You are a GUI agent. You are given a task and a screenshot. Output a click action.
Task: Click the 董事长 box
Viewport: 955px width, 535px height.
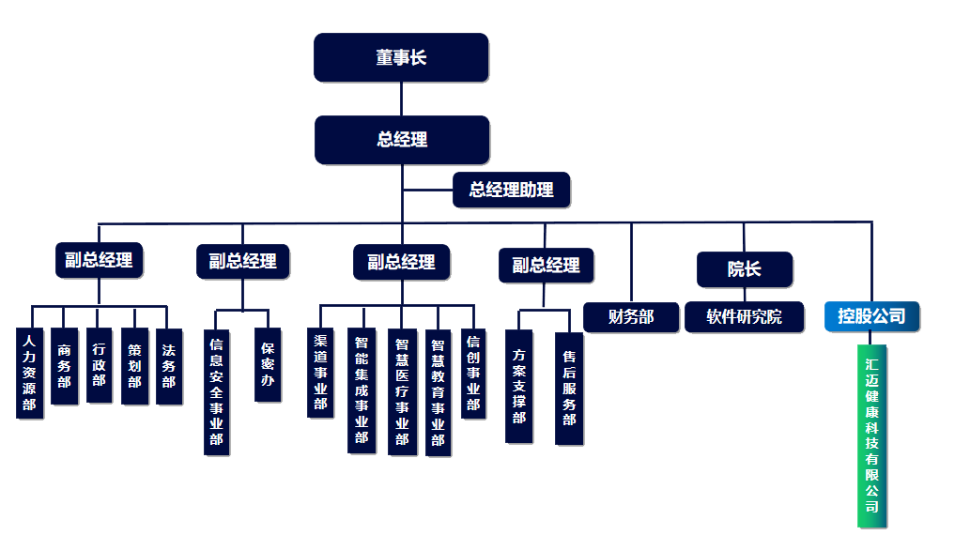coord(401,57)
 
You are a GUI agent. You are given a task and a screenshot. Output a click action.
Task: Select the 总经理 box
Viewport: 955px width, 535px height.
coord(402,140)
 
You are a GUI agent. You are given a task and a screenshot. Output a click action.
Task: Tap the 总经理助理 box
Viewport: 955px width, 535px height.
coord(511,190)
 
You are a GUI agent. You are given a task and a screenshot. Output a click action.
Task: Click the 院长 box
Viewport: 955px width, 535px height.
coord(744,269)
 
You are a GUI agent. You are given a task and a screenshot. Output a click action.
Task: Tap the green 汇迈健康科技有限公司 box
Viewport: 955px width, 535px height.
coord(871,436)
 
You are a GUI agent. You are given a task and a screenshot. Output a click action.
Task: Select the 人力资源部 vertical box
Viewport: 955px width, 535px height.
coord(30,373)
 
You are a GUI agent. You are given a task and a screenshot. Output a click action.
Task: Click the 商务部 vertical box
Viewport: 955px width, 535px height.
coord(64,366)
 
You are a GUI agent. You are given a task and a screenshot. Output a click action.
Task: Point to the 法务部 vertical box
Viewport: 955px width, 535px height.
coord(168,366)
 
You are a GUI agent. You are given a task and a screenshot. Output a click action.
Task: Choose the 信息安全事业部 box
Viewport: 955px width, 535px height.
coord(216,391)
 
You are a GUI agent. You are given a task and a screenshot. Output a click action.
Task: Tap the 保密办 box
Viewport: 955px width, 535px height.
coord(268,365)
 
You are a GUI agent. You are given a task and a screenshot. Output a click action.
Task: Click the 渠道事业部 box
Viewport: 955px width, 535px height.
coord(320,373)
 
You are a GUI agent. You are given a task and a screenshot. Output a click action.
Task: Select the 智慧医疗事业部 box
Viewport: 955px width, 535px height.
coord(402,391)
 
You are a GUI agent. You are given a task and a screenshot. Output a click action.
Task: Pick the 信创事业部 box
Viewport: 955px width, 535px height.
coord(473,373)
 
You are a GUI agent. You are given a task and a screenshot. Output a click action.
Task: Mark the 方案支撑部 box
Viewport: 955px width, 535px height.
coord(518,385)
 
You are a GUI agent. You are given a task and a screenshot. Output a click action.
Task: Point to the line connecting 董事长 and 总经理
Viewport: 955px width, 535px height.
coord(401,99)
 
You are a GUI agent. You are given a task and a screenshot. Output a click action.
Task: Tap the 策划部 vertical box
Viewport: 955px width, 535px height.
coord(134,366)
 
